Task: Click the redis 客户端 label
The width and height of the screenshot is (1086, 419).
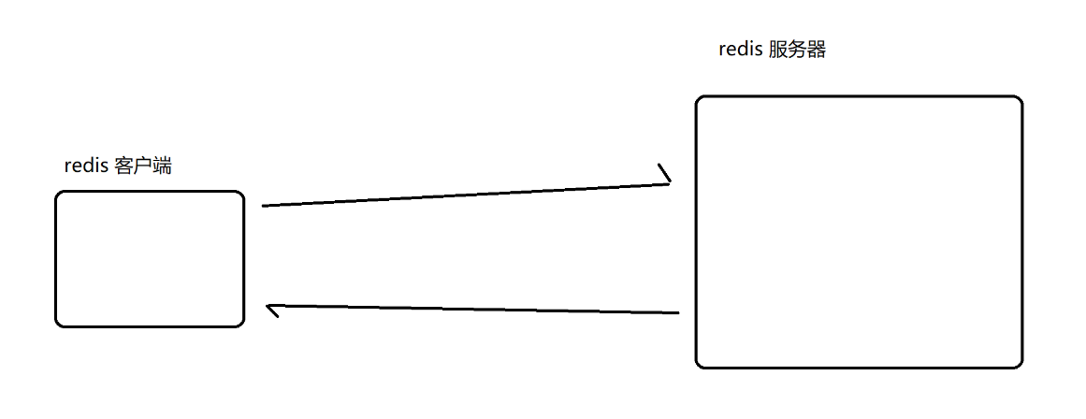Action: [x=118, y=166]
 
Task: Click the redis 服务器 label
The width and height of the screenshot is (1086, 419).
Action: [x=772, y=51]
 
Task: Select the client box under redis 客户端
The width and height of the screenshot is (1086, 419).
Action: [x=150, y=259]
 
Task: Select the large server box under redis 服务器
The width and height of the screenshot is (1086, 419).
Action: [x=859, y=231]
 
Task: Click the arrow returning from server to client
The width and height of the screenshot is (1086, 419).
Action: [x=472, y=310]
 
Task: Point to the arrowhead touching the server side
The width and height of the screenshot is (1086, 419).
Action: [x=666, y=177]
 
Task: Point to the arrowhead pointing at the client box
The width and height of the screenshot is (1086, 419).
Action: [x=272, y=309]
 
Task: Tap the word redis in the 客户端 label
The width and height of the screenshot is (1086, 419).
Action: [x=85, y=166]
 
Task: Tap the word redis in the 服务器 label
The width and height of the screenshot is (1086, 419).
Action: [x=740, y=51]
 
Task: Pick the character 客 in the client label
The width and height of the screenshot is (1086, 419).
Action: [x=124, y=166]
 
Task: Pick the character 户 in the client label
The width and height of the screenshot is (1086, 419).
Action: [x=143, y=166]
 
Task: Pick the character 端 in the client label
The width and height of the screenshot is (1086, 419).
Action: [x=162, y=166]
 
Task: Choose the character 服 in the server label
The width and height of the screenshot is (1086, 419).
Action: [x=779, y=51]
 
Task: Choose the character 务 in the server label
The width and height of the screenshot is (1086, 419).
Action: [x=798, y=51]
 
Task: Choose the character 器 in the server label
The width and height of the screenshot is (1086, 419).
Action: [x=817, y=51]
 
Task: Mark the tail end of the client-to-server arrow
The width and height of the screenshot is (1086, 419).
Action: [x=265, y=205]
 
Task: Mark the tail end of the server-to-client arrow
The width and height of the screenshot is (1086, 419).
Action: [x=676, y=313]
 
